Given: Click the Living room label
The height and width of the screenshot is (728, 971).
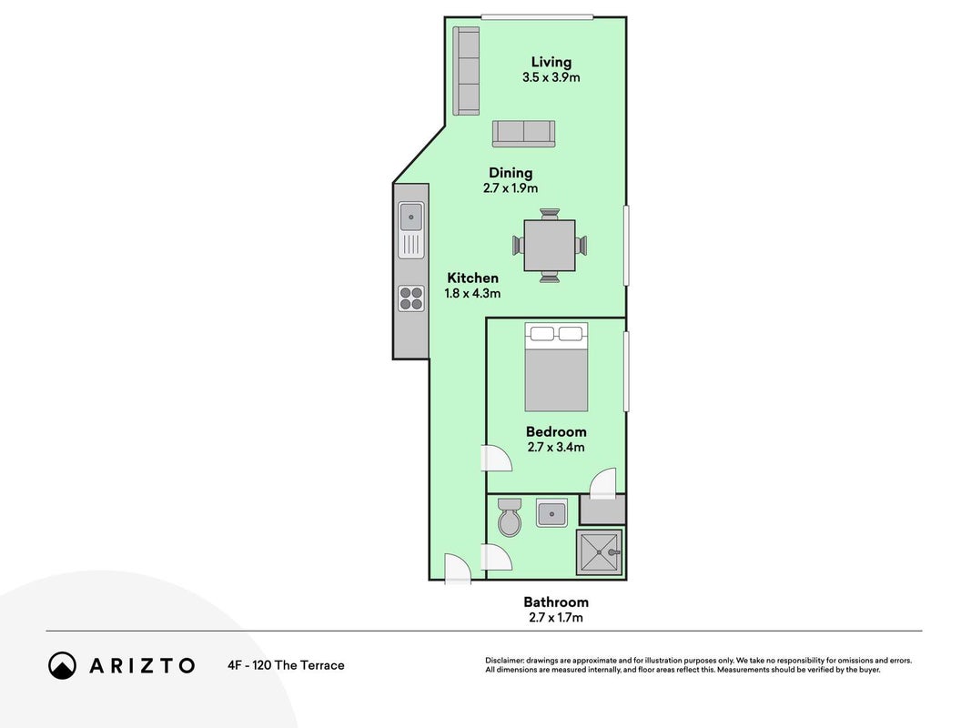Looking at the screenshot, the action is point(551,62).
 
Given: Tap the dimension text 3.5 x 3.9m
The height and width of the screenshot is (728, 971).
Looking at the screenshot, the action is point(551,77).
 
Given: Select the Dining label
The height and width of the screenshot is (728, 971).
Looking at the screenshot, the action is point(511,173).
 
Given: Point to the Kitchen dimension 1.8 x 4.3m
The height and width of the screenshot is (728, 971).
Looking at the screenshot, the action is point(472,293).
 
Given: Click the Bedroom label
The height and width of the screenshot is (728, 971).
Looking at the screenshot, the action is point(556,431).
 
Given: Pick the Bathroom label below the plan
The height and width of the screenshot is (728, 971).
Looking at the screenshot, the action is point(556,602).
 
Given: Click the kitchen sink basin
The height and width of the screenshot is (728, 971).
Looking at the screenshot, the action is point(411,217).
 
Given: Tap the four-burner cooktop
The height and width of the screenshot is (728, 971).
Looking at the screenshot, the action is point(411,298).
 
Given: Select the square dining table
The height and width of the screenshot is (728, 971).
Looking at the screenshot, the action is point(550,245).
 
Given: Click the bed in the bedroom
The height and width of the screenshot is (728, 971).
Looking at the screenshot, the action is point(556,367).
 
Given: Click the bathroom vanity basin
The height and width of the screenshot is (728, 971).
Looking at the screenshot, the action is point(551,513).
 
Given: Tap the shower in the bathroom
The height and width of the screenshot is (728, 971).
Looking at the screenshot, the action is point(600,552).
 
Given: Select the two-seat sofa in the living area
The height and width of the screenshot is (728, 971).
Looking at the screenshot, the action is point(524,134).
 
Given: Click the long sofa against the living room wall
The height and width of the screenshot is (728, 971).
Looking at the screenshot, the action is point(466,71).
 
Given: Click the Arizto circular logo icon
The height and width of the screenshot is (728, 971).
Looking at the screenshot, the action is point(62,665).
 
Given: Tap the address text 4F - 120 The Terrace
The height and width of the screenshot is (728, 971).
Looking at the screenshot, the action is point(286,665).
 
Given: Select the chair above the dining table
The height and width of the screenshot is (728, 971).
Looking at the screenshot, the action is point(550,214).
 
